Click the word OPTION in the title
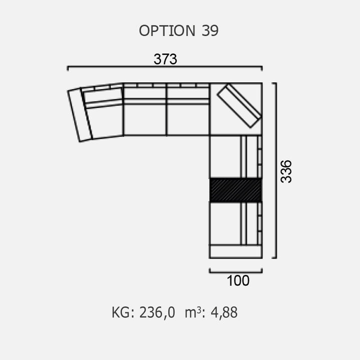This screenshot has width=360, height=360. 167,30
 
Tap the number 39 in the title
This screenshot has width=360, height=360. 210,30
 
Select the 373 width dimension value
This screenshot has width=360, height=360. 165,59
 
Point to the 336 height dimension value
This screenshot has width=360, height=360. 286,171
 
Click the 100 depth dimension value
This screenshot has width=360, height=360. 238,280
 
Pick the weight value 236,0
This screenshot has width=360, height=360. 157,312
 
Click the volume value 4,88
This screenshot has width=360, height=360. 224,312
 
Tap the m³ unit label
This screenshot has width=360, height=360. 193,312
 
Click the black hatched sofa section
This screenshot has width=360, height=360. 236,190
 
